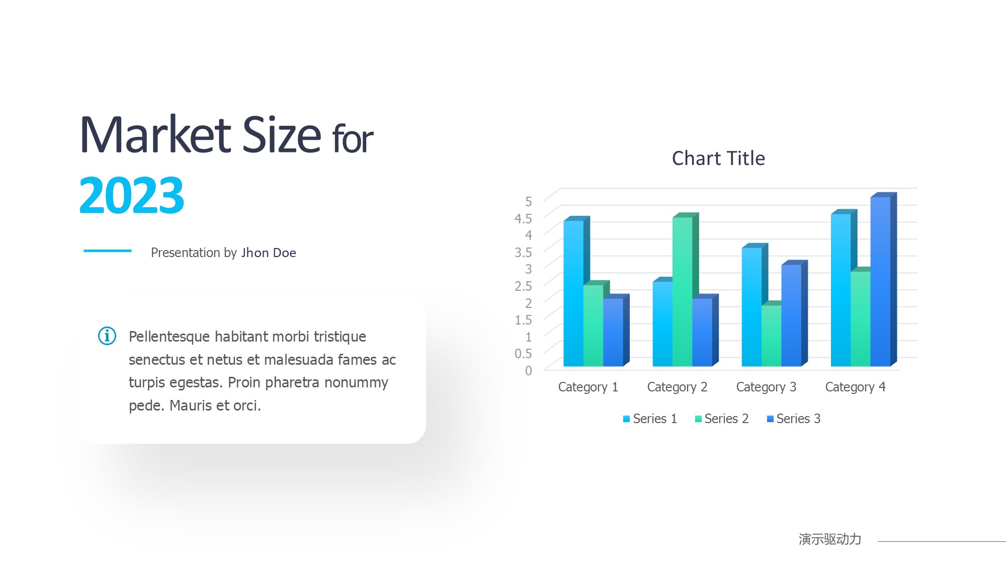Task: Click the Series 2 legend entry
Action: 722,419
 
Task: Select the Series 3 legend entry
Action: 794,419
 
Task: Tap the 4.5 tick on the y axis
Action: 523,218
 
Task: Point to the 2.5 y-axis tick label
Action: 523,286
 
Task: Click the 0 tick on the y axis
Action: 528,371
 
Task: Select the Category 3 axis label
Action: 766,387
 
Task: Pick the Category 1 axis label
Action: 588,387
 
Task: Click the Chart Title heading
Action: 718,158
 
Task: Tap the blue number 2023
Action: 132,195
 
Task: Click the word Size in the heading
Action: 282,134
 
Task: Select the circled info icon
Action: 107,336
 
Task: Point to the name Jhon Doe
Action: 269,253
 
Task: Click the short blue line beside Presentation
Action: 108,251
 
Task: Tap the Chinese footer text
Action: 830,539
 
